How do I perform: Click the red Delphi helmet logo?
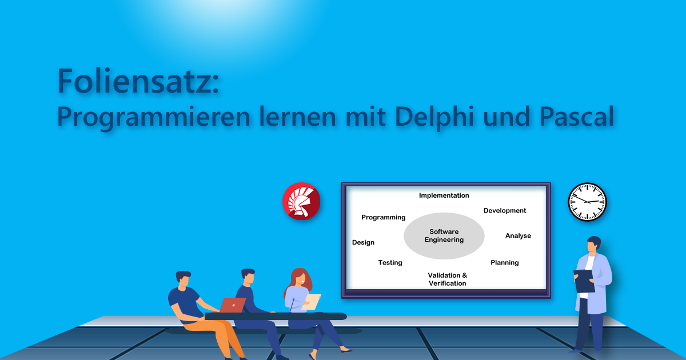pos(301,201)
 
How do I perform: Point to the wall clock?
pos(587,202)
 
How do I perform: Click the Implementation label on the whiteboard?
pos(444,195)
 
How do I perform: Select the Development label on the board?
pos(505,210)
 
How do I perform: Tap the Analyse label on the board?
pos(518,235)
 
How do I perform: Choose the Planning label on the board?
pos(505,262)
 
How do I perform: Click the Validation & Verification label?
pos(447,279)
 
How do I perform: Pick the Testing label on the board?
pos(390,262)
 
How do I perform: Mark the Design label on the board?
pos(363,242)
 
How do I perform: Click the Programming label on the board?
pos(383,217)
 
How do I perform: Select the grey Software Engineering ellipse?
pos(444,235)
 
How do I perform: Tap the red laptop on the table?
pos(232,305)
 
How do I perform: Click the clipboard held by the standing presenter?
pos(584,281)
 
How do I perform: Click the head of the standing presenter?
pos(594,245)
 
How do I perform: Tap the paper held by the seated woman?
pos(312,302)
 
